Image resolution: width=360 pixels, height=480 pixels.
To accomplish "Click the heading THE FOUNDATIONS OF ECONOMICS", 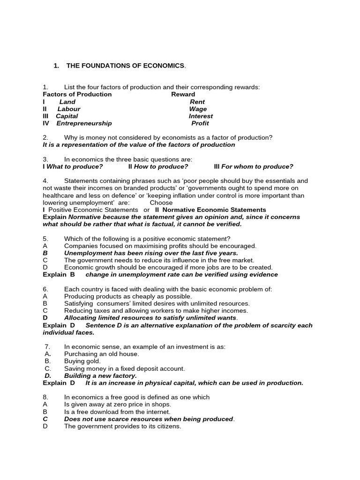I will (126, 66).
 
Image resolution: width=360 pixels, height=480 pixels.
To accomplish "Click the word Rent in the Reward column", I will (197, 102).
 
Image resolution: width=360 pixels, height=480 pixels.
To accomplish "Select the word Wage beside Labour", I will (198, 109).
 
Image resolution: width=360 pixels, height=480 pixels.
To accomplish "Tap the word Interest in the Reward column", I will (201, 116).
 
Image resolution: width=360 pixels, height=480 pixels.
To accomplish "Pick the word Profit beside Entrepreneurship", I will (200, 124).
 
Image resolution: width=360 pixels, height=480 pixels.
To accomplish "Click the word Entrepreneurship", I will (84, 124).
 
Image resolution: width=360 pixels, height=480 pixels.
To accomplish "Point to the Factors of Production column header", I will (77, 94).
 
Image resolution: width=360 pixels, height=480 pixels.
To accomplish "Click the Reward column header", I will (183, 94).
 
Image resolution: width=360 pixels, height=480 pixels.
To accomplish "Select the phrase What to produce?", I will (75, 167).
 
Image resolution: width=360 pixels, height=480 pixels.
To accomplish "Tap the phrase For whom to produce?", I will (257, 167).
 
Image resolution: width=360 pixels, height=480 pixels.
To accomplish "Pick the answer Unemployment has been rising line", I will (151, 253).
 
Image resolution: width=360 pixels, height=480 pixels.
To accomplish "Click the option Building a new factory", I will (100, 376).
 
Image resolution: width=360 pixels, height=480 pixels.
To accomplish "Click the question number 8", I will (45, 397).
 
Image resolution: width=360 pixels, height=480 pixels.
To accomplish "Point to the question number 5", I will (45, 239).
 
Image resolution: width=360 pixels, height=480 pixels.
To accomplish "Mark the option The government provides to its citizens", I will (122, 427).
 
